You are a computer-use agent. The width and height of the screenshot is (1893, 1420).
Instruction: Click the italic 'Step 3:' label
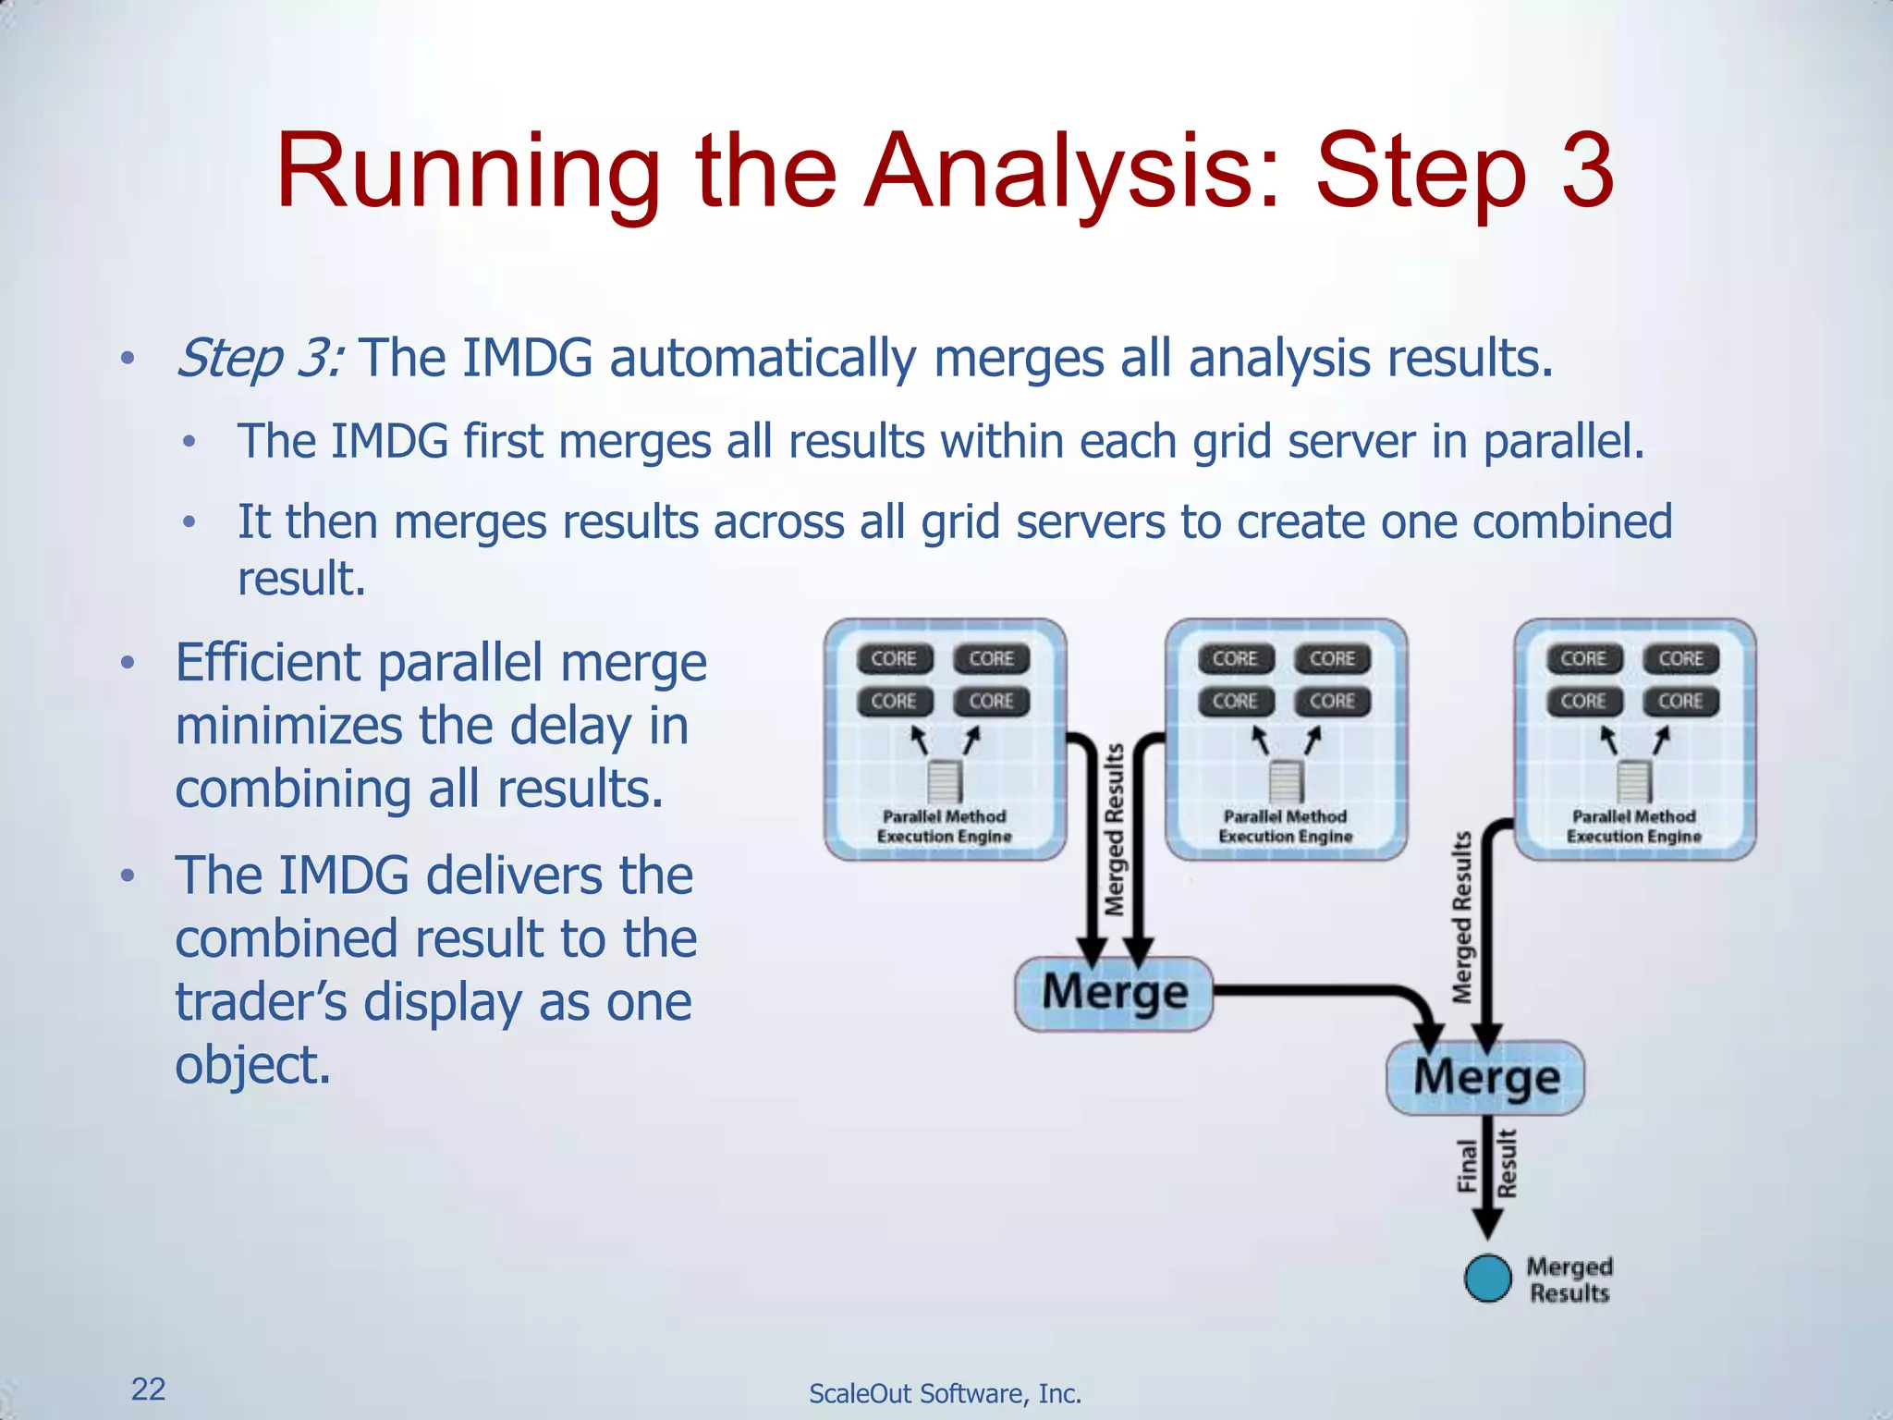click(260, 359)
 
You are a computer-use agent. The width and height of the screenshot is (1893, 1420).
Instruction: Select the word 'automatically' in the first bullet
click(763, 359)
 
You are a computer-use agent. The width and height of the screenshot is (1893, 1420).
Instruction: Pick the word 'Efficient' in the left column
click(268, 663)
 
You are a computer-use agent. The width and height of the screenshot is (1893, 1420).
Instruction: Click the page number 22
click(148, 1389)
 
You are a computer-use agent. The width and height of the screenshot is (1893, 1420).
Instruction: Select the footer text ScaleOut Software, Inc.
click(945, 1393)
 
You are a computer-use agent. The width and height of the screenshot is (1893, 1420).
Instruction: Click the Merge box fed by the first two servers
click(1114, 994)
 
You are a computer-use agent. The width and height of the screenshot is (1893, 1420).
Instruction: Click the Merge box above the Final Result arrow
click(1485, 1078)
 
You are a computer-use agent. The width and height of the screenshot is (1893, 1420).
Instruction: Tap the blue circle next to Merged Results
click(1488, 1279)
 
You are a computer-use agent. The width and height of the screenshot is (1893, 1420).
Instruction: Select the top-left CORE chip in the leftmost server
click(894, 659)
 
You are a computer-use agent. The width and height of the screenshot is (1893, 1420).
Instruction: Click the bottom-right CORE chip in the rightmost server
click(1680, 702)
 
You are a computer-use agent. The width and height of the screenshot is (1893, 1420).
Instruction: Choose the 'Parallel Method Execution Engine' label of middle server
click(1285, 826)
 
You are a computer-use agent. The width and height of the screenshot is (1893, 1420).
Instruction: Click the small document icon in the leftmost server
click(945, 781)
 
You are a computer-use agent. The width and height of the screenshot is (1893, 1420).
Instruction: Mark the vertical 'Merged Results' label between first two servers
click(1116, 829)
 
